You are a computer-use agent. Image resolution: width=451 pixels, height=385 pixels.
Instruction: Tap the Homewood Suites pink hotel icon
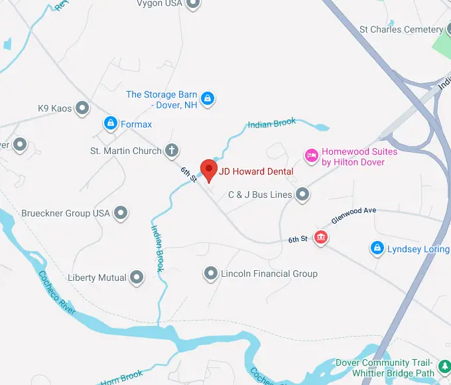click(311, 156)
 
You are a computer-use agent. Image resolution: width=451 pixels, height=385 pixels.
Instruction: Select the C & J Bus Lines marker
click(302, 194)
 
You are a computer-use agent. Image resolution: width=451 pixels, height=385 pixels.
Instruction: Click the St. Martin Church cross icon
click(171, 151)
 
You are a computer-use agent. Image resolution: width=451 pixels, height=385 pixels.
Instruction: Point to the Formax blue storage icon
click(110, 123)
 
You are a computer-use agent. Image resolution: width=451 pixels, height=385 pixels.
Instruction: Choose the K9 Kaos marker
click(82, 107)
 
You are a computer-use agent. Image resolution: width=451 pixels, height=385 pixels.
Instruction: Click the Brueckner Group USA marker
click(121, 213)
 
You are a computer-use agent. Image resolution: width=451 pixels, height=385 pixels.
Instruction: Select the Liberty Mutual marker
click(137, 277)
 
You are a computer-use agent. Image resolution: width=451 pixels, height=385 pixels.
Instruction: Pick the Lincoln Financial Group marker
click(211, 273)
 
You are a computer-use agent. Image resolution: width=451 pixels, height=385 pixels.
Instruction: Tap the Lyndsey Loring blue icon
click(377, 248)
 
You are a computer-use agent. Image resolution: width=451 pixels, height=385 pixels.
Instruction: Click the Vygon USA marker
click(193, 4)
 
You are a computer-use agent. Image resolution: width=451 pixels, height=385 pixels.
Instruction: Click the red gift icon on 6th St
click(321, 238)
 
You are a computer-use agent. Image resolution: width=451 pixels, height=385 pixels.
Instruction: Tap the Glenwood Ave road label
click(354, 216)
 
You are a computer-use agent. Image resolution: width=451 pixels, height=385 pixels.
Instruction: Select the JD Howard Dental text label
click(257, 172)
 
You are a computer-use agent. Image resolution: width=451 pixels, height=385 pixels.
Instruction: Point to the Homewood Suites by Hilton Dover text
click(359, 157)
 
